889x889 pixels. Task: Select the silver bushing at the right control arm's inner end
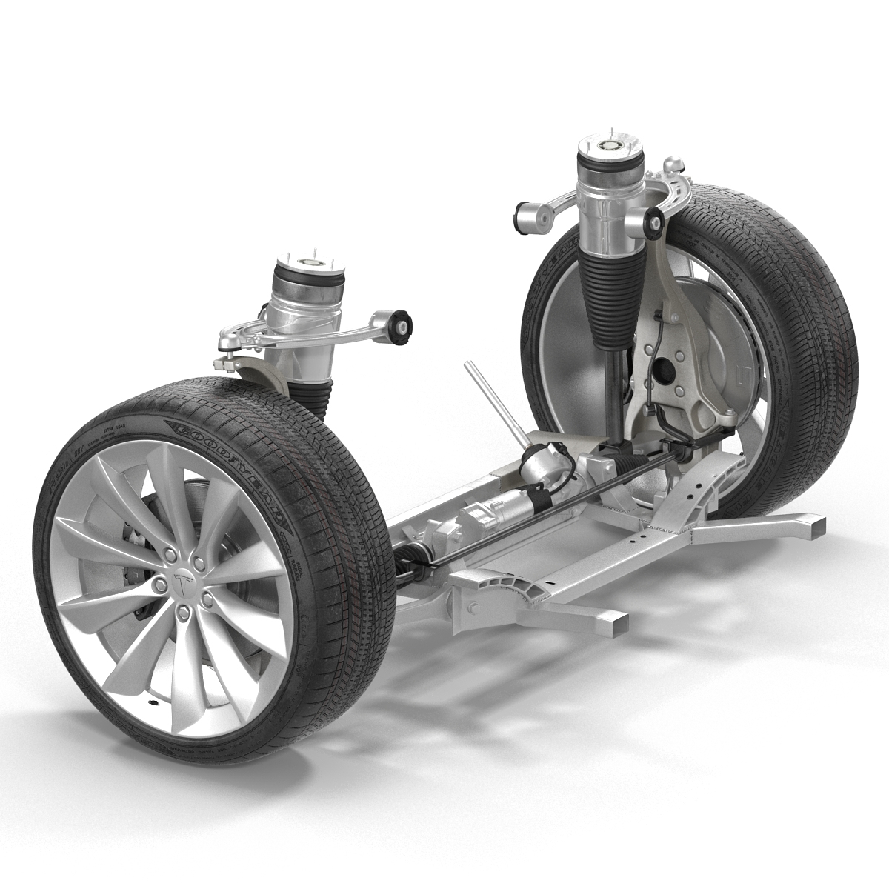tap(528, 216)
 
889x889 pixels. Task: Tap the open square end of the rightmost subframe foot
tap(816, 527)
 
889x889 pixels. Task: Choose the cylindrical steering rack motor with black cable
tap(540, 466)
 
